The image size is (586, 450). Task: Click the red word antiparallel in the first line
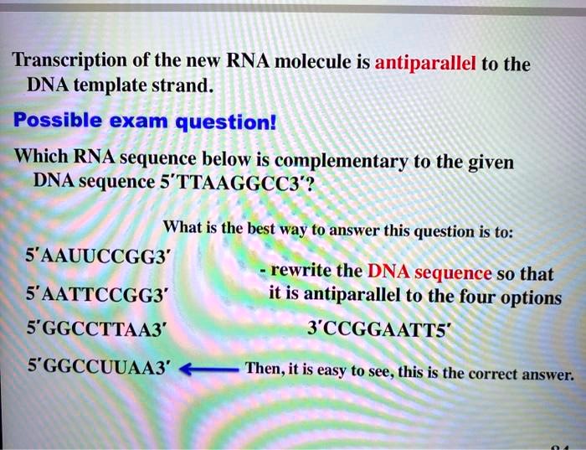(x=426, y=64)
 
